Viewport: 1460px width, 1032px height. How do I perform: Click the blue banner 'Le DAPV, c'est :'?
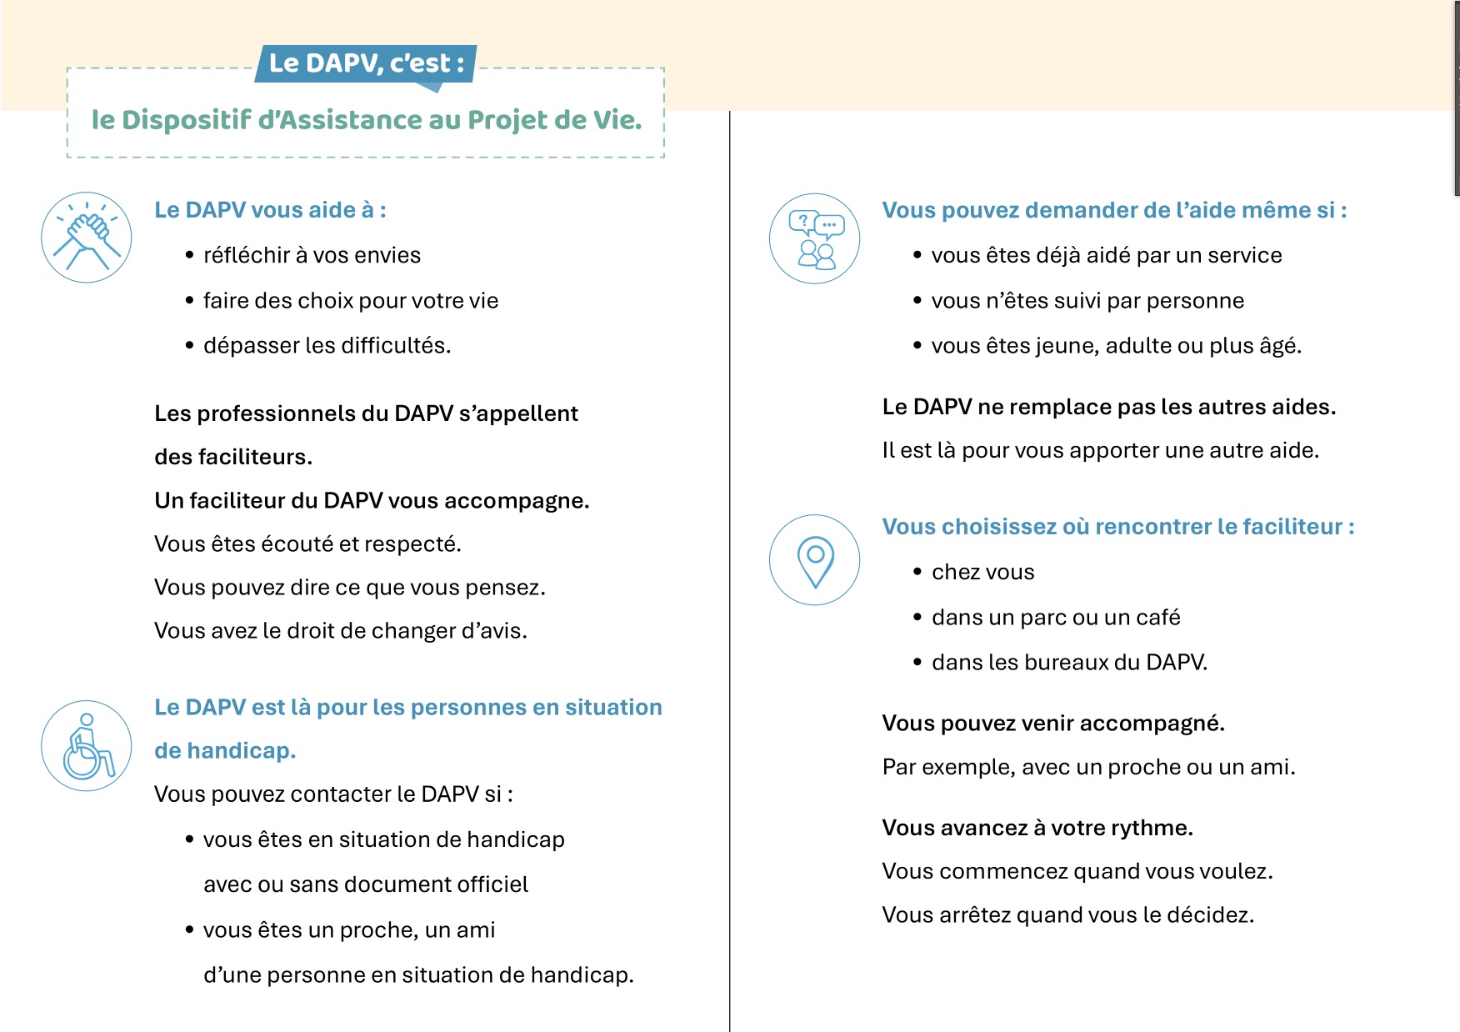(x=366, y=63)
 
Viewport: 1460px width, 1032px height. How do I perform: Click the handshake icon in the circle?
(x=87, y=238)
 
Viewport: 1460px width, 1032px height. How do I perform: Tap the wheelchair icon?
(x=87, y=745)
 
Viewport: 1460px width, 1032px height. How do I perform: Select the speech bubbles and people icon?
(x=814, y=238)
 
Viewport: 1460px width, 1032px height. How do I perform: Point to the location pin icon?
(x=814, y=559)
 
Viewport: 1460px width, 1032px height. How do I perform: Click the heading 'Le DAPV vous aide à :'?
(x=270, y=210)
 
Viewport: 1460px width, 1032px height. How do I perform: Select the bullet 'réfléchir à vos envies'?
(x=312, y=255)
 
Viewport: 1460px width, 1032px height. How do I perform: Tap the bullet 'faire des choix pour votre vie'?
(x=351, y=300)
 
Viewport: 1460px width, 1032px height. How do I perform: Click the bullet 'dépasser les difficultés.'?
(x=327, y=345)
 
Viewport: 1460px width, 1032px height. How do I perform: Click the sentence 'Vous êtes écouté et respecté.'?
(x=307, y=544)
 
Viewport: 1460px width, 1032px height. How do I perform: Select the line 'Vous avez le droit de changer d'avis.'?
(x=340, y=630)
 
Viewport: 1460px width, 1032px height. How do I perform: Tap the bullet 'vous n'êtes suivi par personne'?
(x=1087, y=300)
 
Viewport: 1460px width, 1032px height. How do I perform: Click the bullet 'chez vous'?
(x=982, y=572)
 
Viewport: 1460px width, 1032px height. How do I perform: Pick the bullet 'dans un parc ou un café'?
(x=1056, y=617)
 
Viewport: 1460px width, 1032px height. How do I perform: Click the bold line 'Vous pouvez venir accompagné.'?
(x=1053, y=723)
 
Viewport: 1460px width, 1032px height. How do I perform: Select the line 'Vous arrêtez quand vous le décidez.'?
(x=1067, y=914)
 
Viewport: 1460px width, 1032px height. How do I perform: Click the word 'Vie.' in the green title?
(x=617, y=120)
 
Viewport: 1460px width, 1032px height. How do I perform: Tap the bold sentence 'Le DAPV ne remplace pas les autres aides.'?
(x=1108, y=407)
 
